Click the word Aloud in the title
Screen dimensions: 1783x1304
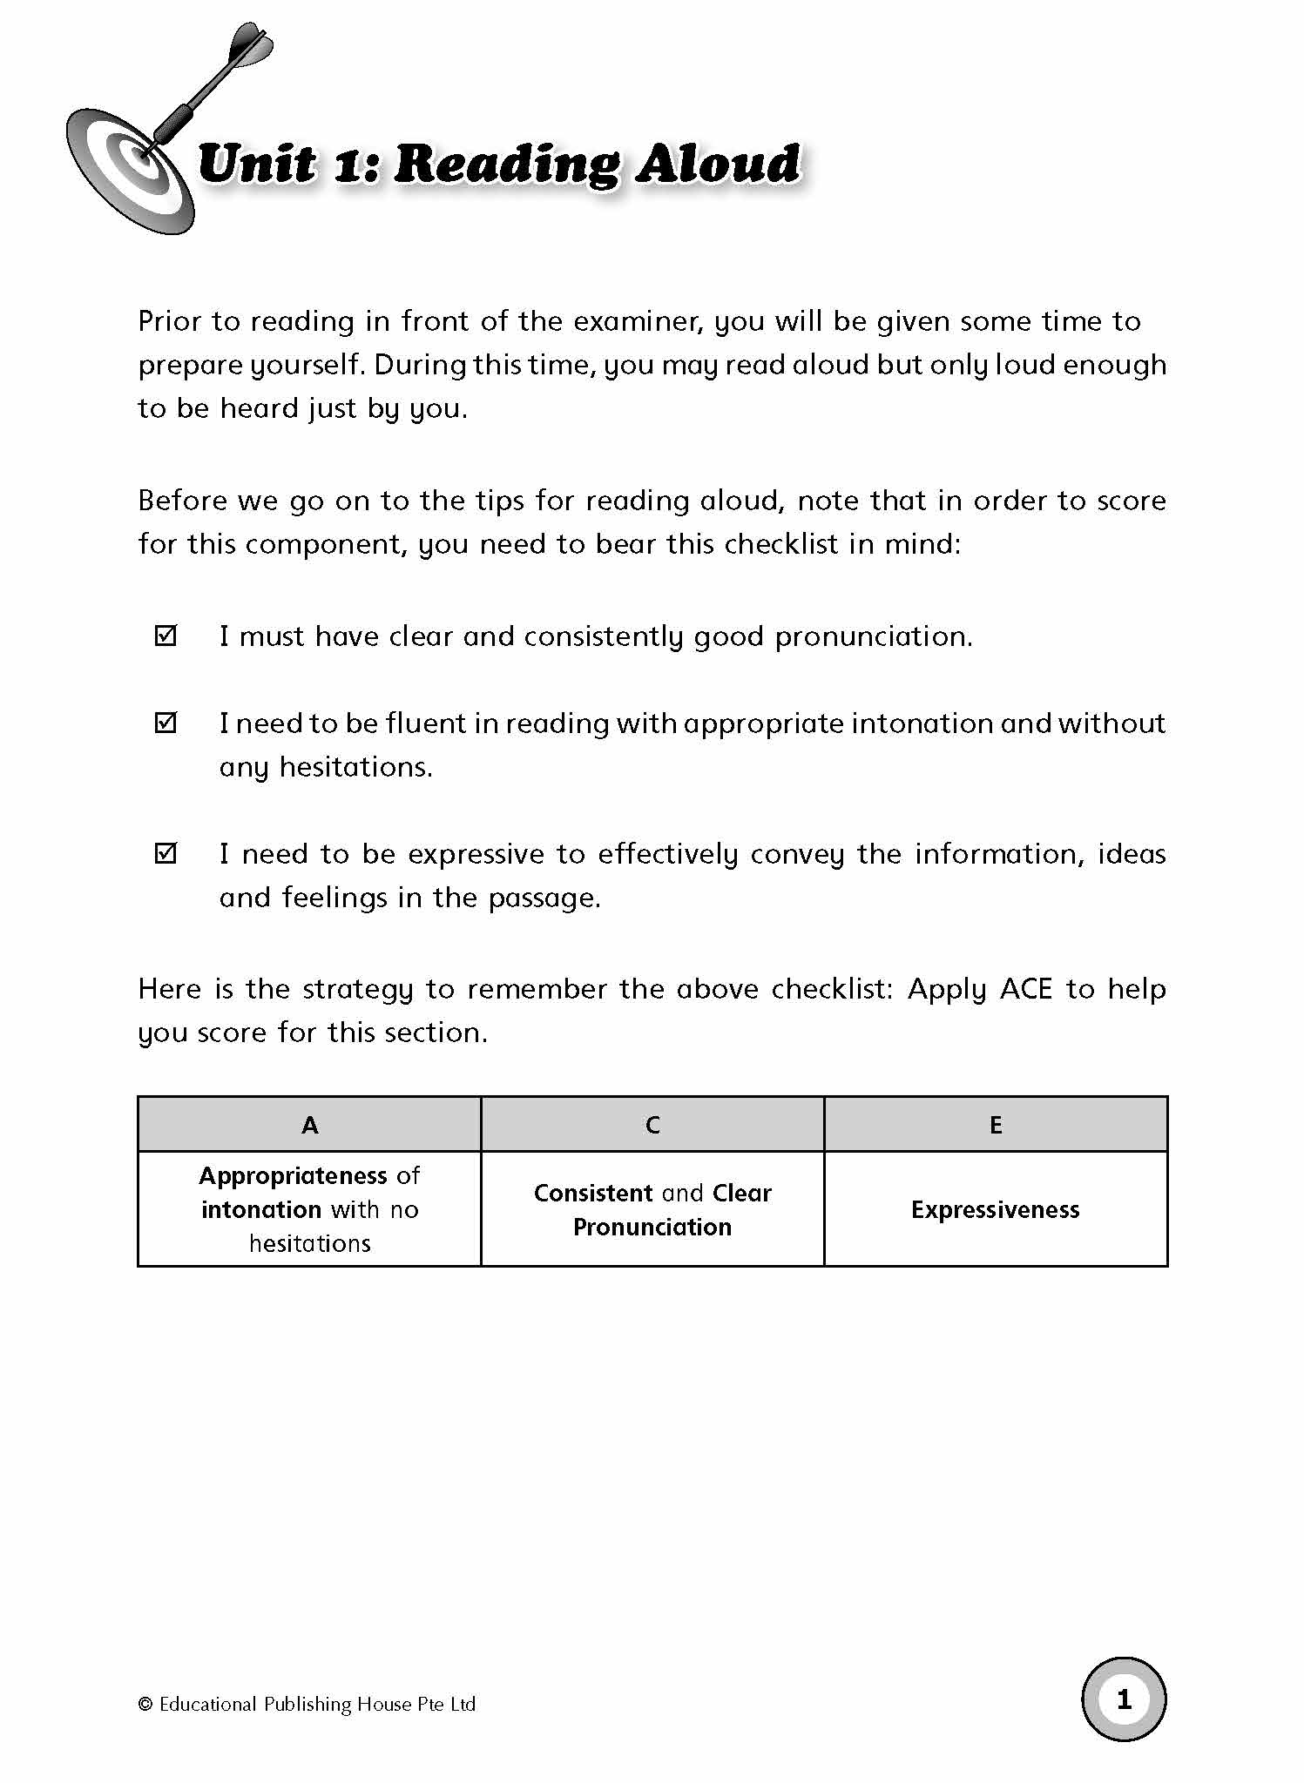pos(717,165)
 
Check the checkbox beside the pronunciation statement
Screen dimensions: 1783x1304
pos(166,636)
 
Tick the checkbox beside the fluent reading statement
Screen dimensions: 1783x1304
pos(166,723)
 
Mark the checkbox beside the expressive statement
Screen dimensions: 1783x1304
pos(166,853)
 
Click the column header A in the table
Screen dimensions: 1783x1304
pos(309,1125)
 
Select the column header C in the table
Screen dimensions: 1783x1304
pos(652,1125)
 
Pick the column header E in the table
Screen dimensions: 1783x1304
pos(996,1125)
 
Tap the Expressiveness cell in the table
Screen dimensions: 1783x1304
pos(996,1209)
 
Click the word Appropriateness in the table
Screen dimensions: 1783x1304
pos(293,1176)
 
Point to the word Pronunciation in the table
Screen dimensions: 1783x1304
pos(652,1227)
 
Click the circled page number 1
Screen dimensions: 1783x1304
pos(1124,1699)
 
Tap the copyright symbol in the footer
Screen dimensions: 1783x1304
pos(145,1705)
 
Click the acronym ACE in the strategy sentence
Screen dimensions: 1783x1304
pos(1026,989)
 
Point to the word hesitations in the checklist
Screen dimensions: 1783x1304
pos(355,767)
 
